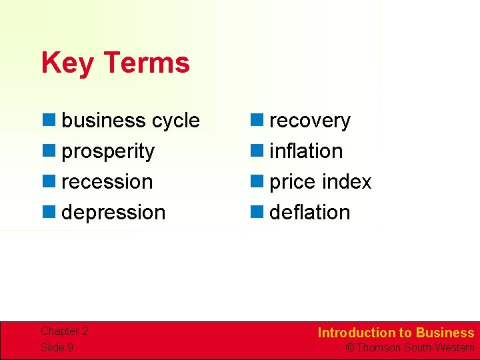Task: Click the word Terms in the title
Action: (147, 63)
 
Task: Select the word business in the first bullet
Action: (103, 121)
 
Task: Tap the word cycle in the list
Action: (175, 121)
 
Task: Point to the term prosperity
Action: (108, 152)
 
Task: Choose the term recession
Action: (107, 182)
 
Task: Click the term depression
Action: (113, 213)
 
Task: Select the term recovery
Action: (309, 121)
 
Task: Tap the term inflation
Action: (306, 151)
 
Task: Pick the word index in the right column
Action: (346, 182)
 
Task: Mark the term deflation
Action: (309, 213)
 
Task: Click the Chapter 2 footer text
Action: (64, 331)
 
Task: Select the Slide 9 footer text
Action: (57, 347)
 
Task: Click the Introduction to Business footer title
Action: (395, 333)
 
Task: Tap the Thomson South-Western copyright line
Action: (409, 347)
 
